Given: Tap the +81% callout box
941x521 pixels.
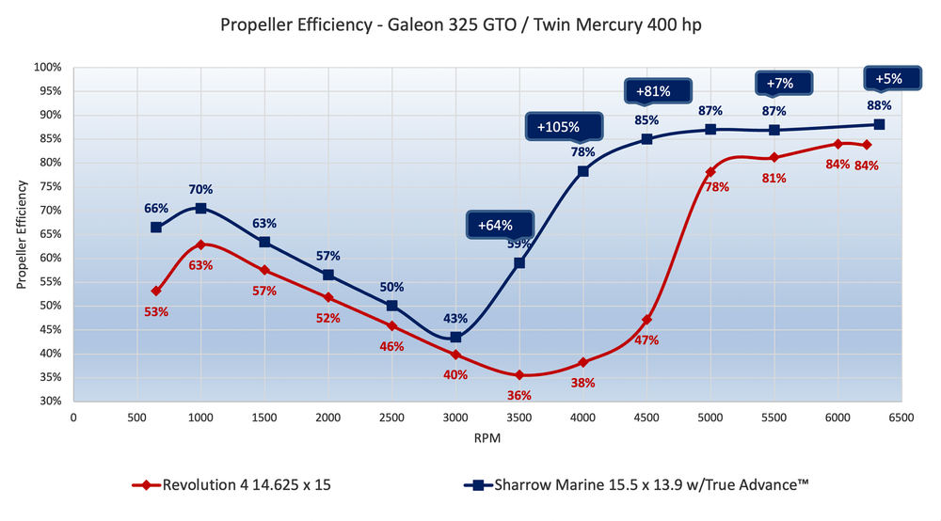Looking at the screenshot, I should point(652,92).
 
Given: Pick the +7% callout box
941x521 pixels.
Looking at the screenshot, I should point(779,83).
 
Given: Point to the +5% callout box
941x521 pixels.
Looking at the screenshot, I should point(888,79).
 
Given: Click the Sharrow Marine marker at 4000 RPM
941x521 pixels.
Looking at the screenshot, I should point(583,171).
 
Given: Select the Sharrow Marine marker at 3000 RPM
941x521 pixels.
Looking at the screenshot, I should point(455,337).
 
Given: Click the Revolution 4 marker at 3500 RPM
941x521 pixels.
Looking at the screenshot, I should point(519,374).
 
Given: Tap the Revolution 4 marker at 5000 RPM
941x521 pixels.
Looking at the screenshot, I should point(710,172).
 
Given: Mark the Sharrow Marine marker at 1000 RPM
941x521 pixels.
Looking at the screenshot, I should point(200,208).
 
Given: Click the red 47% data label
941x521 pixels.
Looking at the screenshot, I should point(647,339).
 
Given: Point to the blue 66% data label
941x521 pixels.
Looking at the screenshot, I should point(156,209).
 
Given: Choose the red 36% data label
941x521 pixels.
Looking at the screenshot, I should point(519,394).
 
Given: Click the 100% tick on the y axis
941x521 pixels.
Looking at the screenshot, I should point(48,68).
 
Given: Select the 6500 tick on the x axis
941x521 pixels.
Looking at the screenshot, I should point(901,417).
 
